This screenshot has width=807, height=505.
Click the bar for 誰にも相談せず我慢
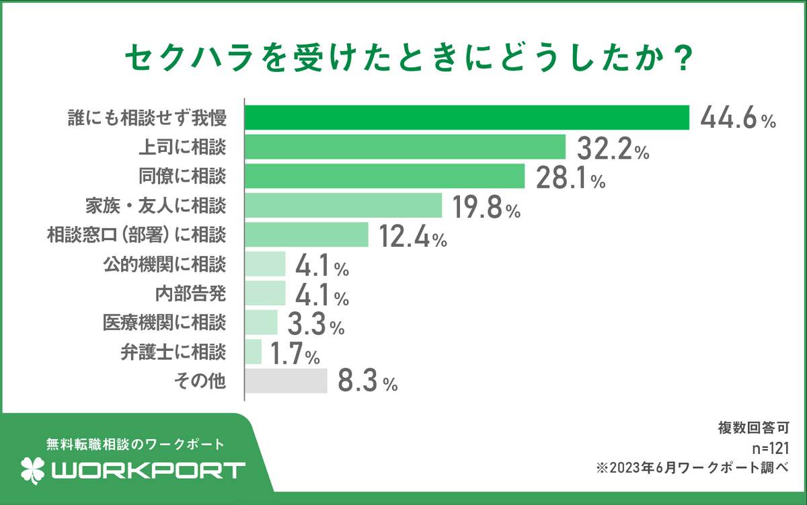[467, 118]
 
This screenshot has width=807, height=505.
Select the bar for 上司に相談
[405, 147]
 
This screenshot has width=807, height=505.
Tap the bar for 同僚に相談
[384, 177]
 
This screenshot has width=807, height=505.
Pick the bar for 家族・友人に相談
[343, 206]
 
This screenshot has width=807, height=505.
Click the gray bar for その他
[286, 381]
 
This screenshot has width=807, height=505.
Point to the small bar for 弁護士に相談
[253, 352]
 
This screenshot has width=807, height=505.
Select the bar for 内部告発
[265, 293]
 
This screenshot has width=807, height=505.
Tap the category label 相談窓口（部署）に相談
[137, 235]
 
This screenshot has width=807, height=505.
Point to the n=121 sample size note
[771, 446]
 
